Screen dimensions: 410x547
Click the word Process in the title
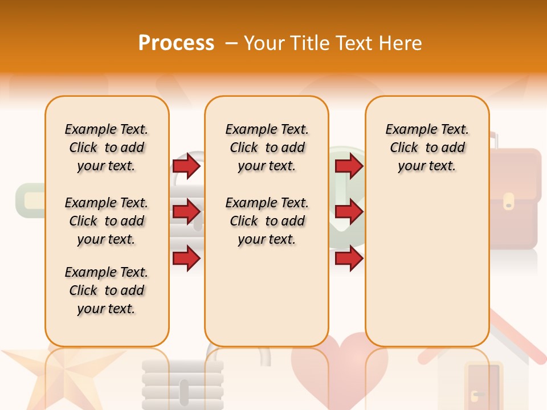tap(176, 43)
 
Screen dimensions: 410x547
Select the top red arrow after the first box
tap(186, 166)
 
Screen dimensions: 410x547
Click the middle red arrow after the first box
tap(186, 212)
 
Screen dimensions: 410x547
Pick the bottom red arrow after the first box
tap(186, 258)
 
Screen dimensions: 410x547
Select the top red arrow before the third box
tap(349, 166)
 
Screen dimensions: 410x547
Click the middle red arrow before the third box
tap(349, 212)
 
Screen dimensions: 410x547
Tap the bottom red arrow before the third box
tap(349, 258)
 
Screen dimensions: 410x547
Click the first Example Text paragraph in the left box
tap(107, 147)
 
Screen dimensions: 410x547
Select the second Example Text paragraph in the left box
tap(107, 221)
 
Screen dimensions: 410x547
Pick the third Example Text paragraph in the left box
tap(107, 290)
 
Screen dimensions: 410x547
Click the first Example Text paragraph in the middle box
tap(267, 147)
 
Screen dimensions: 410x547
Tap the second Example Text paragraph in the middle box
tap(267, 221)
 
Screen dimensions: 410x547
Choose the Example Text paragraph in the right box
tap(427, 147)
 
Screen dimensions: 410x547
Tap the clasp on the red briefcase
tap(509, 201)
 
